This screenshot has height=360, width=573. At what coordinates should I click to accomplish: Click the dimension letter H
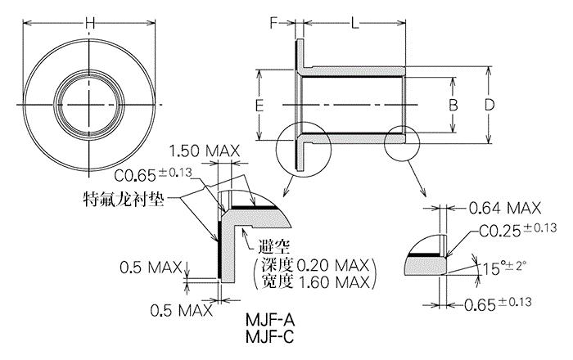89,24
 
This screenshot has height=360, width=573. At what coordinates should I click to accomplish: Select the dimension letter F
274,23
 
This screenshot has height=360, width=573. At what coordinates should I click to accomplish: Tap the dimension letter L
354,24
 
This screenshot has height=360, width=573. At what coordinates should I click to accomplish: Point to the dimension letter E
259,106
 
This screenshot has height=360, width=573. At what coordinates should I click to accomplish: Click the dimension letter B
453,106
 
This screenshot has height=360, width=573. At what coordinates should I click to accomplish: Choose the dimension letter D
489,105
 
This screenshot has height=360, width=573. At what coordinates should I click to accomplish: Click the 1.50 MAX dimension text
205,151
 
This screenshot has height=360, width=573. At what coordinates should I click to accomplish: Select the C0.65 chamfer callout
153,174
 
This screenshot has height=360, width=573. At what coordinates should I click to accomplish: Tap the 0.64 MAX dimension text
505,208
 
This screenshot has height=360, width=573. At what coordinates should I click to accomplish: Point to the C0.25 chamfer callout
517,230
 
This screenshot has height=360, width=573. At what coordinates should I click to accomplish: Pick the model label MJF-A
270,320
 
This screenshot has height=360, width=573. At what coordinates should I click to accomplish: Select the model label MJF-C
269,336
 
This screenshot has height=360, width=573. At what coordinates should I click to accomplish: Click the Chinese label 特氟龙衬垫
124,199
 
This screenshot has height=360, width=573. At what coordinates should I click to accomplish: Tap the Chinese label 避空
274,247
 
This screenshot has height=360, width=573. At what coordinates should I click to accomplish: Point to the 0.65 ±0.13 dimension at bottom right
498,304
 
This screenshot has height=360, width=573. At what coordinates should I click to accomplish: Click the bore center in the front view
89,106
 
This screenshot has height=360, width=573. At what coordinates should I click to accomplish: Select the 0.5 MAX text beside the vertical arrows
151,268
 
